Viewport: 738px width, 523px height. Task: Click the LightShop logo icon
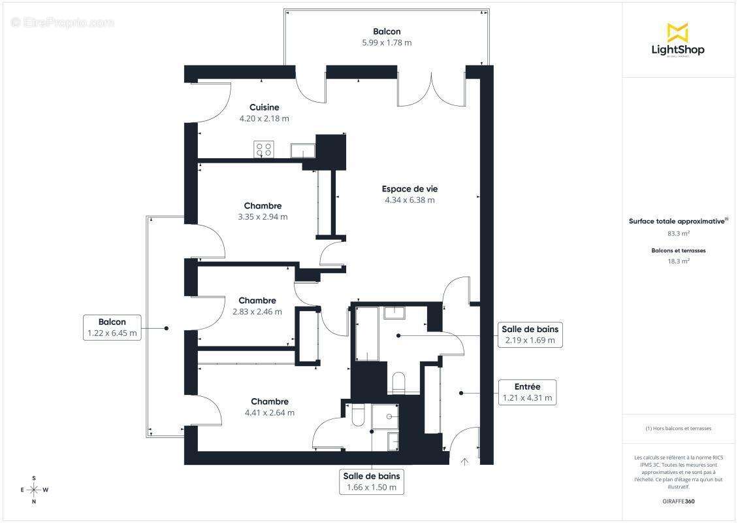[677, 31]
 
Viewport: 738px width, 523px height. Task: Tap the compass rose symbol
[34, 489]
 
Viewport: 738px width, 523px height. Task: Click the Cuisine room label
[264, 107]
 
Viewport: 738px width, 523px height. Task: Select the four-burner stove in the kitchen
[264, 150]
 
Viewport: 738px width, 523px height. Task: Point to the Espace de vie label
[409, 189]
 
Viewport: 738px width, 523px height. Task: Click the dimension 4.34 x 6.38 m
[409, 200]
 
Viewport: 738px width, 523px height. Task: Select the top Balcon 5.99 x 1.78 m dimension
[387, 42]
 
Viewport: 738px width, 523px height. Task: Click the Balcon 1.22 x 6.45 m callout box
[112, 328]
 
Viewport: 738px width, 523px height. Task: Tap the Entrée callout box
[527, 392]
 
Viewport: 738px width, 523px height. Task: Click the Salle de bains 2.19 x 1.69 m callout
[530, 334]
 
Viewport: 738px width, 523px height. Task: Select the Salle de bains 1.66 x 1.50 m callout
[372, 481]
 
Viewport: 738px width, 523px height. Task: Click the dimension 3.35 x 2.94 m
[263, 217]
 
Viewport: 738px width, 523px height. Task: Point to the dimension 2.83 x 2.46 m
[257, 312]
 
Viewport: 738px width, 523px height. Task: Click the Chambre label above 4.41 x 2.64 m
[270, 401]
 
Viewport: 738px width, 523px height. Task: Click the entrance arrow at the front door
[465, 462]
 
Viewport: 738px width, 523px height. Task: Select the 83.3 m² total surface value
[678, 233]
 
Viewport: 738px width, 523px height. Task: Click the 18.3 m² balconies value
[678, 261]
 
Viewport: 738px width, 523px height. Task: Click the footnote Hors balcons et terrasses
[678, 428]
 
